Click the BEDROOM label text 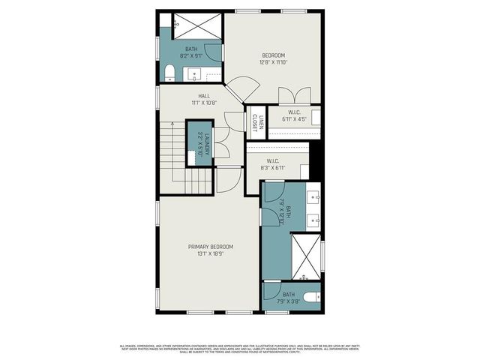point(273,55)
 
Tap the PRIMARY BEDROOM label point(211,247)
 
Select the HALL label point(204,96)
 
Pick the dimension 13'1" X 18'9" point(211,254)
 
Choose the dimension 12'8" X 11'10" point(273,63)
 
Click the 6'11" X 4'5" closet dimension point(295,118)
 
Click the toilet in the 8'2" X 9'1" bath point(169,73)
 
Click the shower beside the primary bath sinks point(304,255)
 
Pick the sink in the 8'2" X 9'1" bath point(197,74)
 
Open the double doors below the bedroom point(289,96)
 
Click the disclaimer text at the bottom point(240,348)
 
